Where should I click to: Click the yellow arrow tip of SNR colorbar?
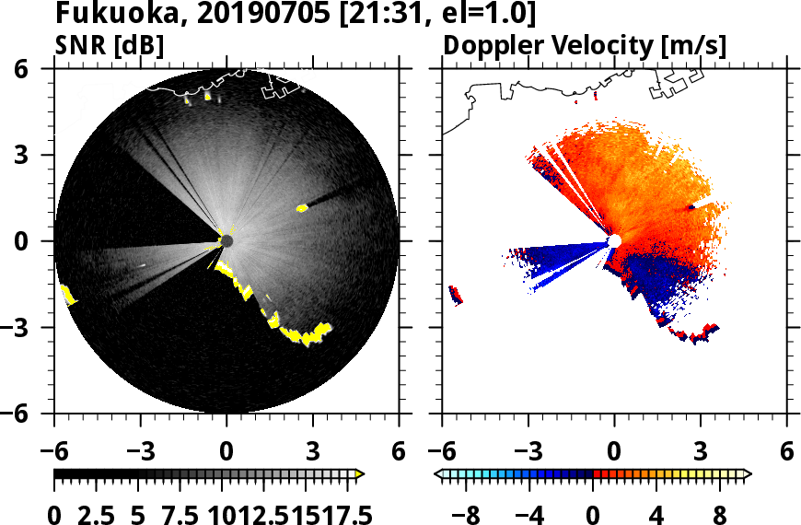click(x=360, y=474)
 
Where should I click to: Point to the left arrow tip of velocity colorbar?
click(x=439, y=474)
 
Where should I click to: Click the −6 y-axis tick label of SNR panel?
click(x=29, y=414)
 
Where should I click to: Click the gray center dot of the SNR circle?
click(x=226, y=240)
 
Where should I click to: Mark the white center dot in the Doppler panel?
click(x=614, y=240)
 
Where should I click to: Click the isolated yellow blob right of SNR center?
click(x=301, y=209)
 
